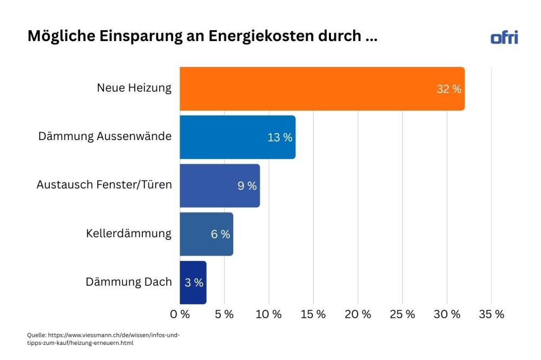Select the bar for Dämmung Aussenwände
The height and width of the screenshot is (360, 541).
[237, 137]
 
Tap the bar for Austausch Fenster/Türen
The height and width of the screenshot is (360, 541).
[220, 185]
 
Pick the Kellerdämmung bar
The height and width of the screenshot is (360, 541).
[206, 234]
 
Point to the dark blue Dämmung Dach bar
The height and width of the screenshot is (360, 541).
[193, 282]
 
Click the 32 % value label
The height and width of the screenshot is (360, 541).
[449, 89]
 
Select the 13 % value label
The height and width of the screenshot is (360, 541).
[280, 137]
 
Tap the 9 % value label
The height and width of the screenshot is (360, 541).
[247, 186]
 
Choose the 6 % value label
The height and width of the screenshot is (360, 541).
[220, 234]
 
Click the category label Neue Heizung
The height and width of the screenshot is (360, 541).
[134, 88]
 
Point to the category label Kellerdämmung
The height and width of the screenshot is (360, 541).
[128, 234]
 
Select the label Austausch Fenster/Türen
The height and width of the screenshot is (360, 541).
[104, 185]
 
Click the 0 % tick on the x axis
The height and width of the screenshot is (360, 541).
[180, 315]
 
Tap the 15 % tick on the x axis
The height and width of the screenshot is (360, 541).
[313, 315]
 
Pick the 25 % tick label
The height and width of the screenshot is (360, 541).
[403, 315]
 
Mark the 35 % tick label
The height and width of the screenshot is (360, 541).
[491, 315]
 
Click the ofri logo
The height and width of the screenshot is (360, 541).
[504, 37]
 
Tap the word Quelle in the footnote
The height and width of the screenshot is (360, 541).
[36, 335]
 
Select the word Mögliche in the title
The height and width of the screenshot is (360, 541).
[60, 37]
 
